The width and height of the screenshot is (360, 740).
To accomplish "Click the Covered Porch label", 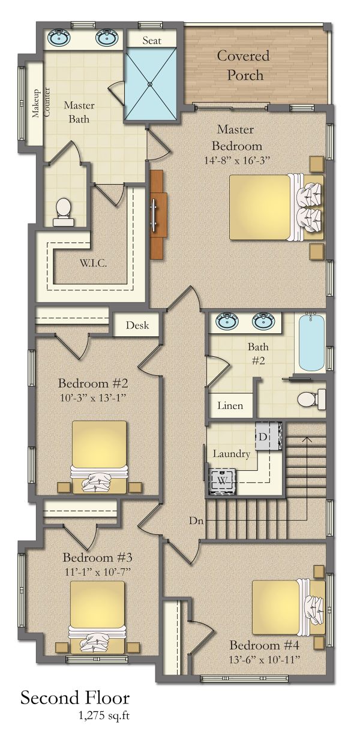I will click(x=244, y=65).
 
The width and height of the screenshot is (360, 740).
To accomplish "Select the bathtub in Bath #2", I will click(x=311, y=343).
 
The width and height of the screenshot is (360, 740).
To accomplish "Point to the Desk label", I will click(x=137, y=326).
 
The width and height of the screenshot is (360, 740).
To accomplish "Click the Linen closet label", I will click(x=230, y=406).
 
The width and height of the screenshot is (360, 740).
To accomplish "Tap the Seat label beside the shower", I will click(x=151, y=41).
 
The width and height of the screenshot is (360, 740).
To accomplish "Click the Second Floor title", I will click(x=74, y=698).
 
